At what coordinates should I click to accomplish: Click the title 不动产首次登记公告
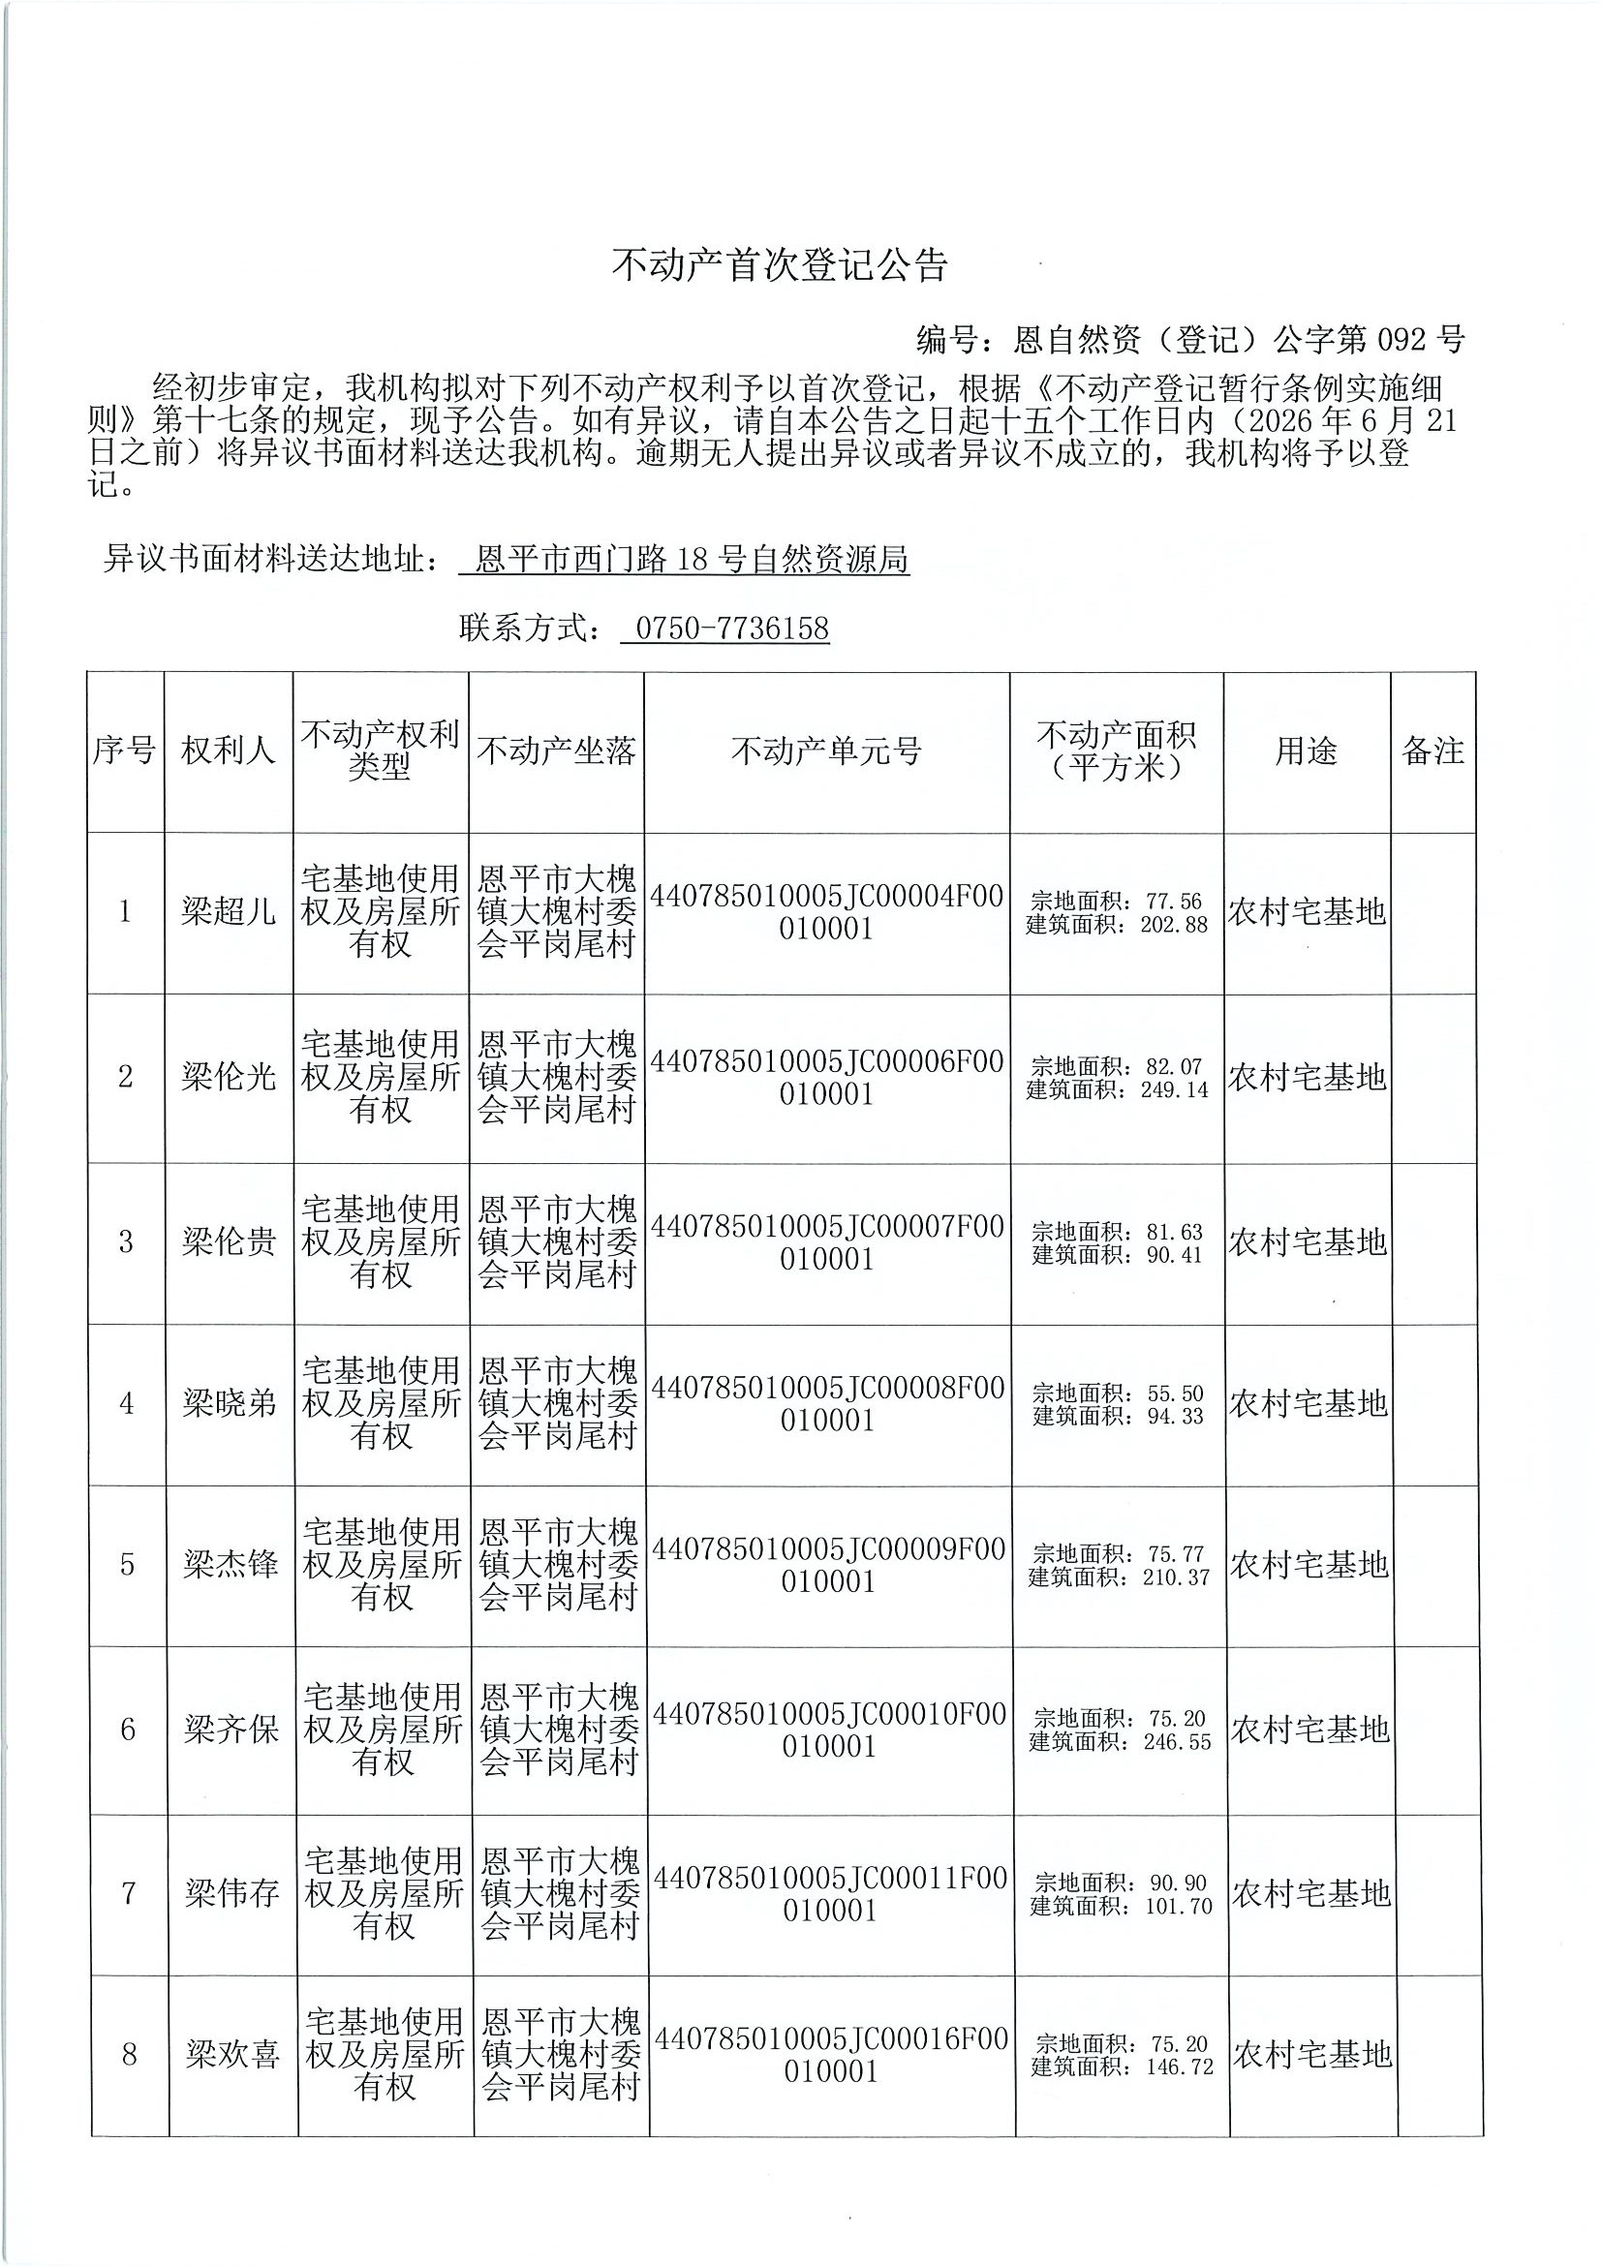click(780, 265)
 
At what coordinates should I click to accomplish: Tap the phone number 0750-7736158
click(731, 628)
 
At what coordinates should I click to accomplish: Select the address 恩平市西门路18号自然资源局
click(691, 561)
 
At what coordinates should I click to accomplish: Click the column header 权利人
click(228, 751)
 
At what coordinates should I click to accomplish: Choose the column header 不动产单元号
click(826, 751)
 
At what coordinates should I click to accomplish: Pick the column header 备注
click(1433, 751)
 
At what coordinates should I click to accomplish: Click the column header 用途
click(1306, 751)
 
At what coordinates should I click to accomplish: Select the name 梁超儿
click(228, 911)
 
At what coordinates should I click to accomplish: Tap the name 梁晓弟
click(229, 1403)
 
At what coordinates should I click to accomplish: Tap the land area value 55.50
click(1175, 1393)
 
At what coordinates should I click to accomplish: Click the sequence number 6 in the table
click(127, 1730)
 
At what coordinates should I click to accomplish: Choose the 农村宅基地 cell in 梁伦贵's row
click(1307, 1242)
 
